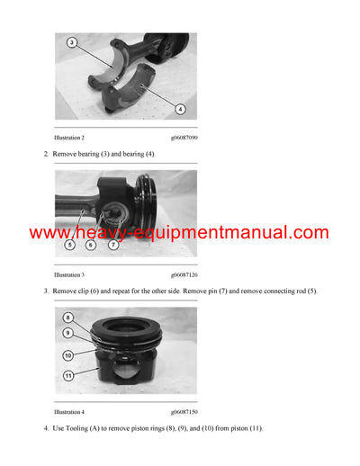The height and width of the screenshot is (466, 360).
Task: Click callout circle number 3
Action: [x=71, y=42]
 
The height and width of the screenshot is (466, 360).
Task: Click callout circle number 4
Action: [x=180, y=109]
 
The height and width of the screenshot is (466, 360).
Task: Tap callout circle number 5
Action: [x=71, y=244]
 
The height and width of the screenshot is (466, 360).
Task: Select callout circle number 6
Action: [x=92, y=244]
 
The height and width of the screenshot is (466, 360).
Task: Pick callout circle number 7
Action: [x=113, y=244]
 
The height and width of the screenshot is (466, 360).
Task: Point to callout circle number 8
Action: [x=68, y=318]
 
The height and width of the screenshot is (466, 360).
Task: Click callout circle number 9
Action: [x=68, y=332]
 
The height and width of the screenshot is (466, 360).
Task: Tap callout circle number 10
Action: [x=68, y=355]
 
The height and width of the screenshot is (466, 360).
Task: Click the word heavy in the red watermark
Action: [x=96, y=233]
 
